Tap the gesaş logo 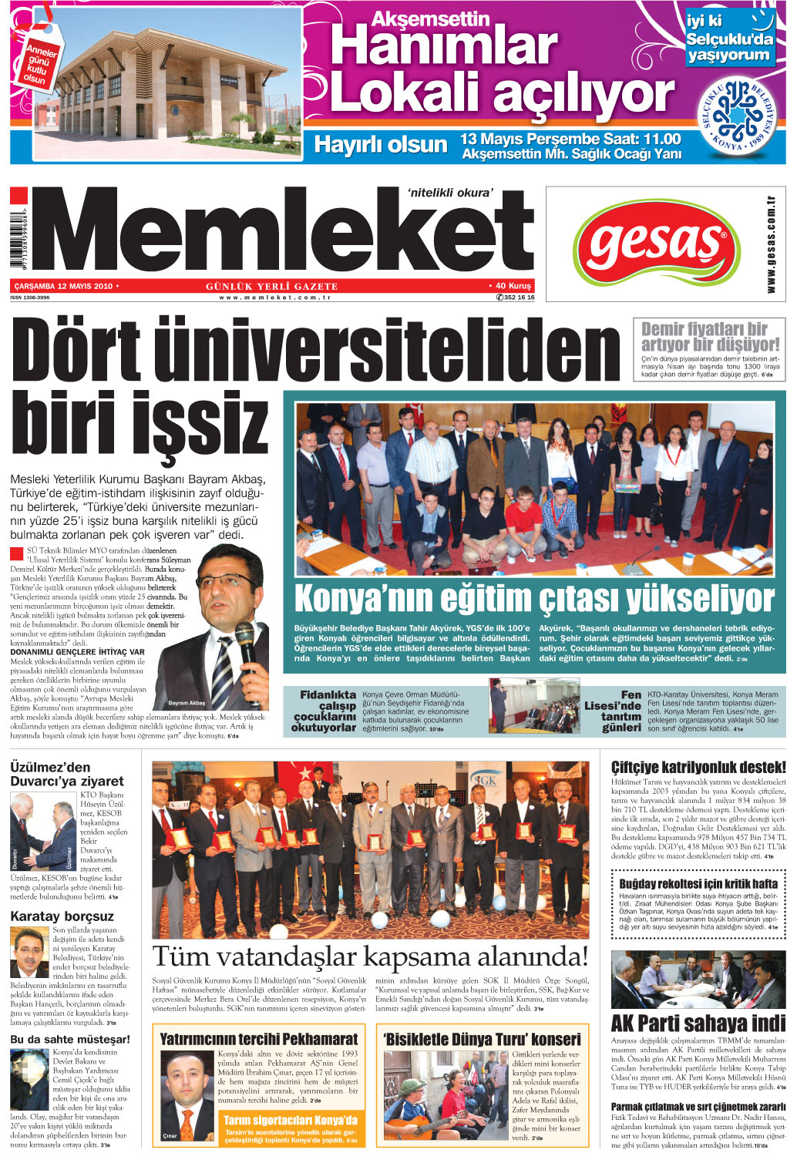click(x=656, y=244)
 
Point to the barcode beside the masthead click(x=19, y=238)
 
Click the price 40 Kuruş click(x=513, y=286)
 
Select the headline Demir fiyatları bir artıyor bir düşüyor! click(x=709, y=337)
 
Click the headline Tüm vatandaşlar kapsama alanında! click(x=370, y=956)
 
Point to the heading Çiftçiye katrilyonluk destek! click(x=698, y=768)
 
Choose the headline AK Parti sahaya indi click(x=698, y=1023)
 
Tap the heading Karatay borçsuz click(x=62, y=916)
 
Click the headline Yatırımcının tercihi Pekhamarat click(x=258, y=1039)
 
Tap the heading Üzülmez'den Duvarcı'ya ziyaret click(x=66, y=774)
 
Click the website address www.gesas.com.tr click(x=771, y=244)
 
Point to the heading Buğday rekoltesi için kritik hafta click(x=698, y=883)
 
